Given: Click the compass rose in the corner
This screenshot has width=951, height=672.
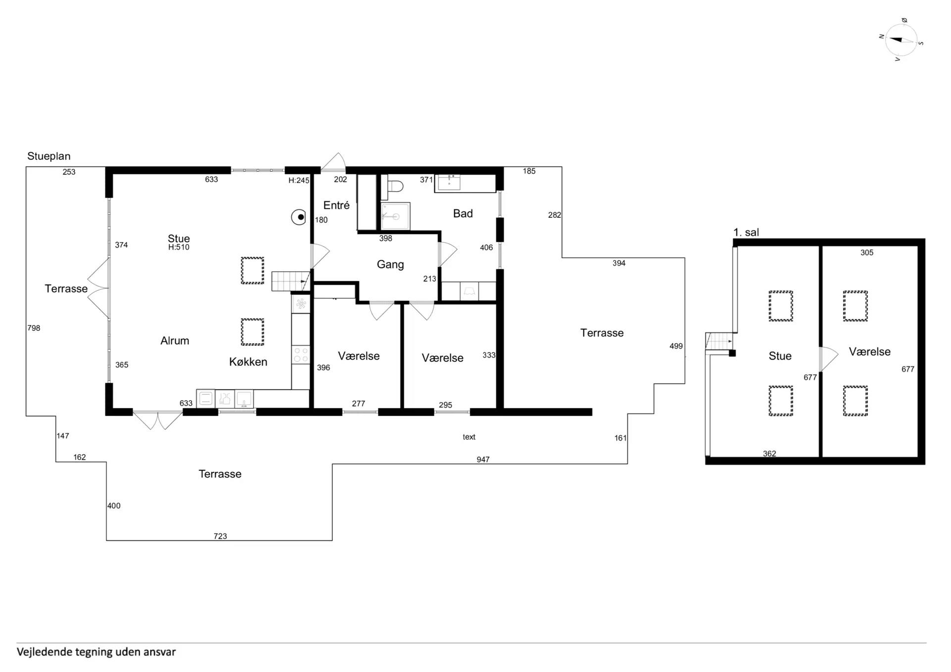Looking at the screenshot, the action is tap(901, 40).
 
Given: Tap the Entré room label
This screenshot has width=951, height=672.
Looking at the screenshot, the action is tap(336, 205).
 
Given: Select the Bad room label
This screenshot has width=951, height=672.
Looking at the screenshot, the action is tap(463, 213).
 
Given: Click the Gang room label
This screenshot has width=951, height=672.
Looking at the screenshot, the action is tap(390, 264).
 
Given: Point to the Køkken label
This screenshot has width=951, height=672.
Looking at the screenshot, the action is tap(248, 362).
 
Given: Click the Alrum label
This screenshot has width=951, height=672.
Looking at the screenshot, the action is tap(175, 341).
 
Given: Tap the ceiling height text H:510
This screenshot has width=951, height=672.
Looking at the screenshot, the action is tap(179, 247).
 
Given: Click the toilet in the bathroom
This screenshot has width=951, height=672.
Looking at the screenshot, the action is tap(395, 187).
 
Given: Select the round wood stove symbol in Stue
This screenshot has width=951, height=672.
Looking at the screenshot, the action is tap(299, 217).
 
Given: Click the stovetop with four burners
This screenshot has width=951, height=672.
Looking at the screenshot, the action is tap(301, 355).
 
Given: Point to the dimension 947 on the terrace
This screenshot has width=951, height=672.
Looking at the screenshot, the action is tap(483, 460).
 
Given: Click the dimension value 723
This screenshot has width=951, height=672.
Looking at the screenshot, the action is tap(220, 536).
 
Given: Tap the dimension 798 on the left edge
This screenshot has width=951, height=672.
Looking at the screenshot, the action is tap(34, 328).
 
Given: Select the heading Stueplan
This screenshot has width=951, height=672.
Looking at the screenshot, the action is tap(49, 156).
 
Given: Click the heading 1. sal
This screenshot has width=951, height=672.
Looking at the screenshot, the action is tap(746, 232).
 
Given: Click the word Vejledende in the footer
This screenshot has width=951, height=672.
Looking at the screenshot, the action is tap(45, 652).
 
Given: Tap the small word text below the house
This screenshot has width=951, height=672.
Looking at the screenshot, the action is tap(469, 437).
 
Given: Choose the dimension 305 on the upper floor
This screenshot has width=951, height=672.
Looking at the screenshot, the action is tap(867, 253).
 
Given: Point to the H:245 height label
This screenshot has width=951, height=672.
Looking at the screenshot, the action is tap(299, 181).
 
